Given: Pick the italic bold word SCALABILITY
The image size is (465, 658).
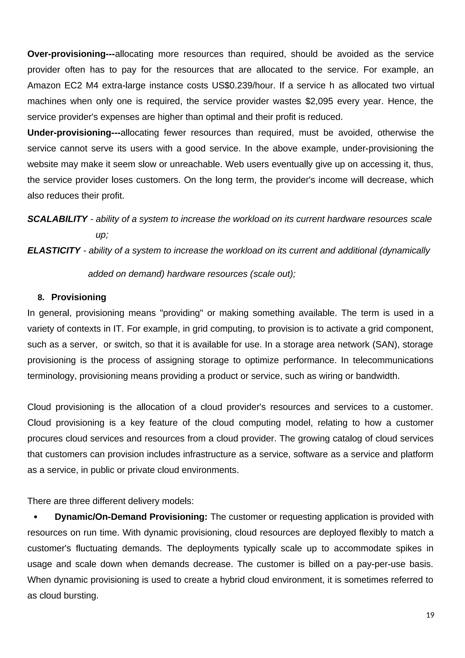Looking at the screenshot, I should (x=57, y=219).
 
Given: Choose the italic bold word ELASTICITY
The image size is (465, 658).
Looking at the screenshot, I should (x=54, y=250).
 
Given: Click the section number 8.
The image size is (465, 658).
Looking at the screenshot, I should (x=41, y=297).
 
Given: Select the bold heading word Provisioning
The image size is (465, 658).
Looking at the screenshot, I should (x=79, y=297).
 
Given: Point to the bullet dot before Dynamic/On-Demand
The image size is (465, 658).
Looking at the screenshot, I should (x=35, y=517).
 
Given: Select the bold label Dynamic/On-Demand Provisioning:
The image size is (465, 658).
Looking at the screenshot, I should (x=131, y=517).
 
